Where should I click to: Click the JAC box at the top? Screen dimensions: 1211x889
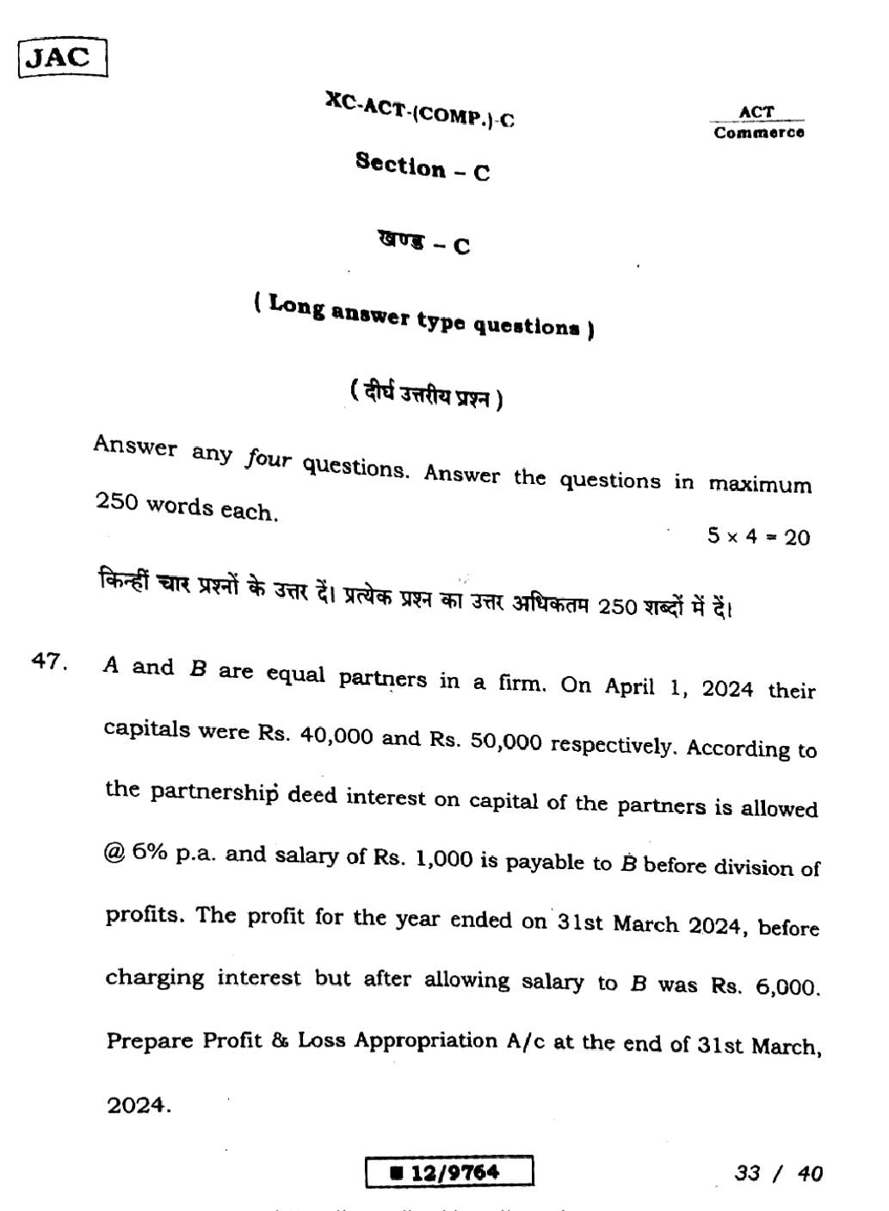coord(62,58)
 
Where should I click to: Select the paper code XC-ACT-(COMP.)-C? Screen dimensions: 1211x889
coord(420,109)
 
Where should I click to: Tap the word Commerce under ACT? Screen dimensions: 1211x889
coord(759,133)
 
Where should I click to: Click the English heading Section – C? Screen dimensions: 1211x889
coord(423,166)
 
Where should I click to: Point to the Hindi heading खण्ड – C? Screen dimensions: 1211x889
coord(423,243)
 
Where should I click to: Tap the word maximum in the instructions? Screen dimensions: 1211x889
coord(760,484)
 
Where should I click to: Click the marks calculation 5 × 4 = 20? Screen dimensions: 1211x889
coord(758,537)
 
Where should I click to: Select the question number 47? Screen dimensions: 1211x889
coord(49,661)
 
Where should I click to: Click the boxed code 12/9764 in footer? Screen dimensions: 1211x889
coord(449,1172)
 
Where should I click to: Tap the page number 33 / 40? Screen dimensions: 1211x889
coord(779,1173)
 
